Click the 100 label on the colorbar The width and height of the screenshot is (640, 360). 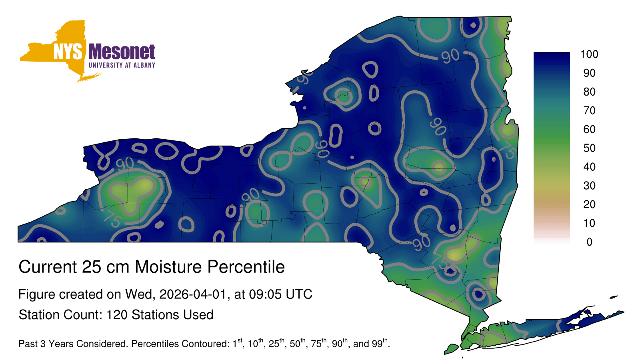(589, 54)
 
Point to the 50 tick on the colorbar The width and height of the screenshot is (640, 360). (589, 148)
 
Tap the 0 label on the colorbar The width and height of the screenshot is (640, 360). (589, 242)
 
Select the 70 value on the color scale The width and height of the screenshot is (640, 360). (589, 110)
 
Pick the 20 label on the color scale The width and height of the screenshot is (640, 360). (589, 204)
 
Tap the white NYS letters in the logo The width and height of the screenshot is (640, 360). (68, 52)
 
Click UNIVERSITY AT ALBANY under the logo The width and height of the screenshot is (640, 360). (122, 65)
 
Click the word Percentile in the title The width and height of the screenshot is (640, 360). (246, 267)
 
